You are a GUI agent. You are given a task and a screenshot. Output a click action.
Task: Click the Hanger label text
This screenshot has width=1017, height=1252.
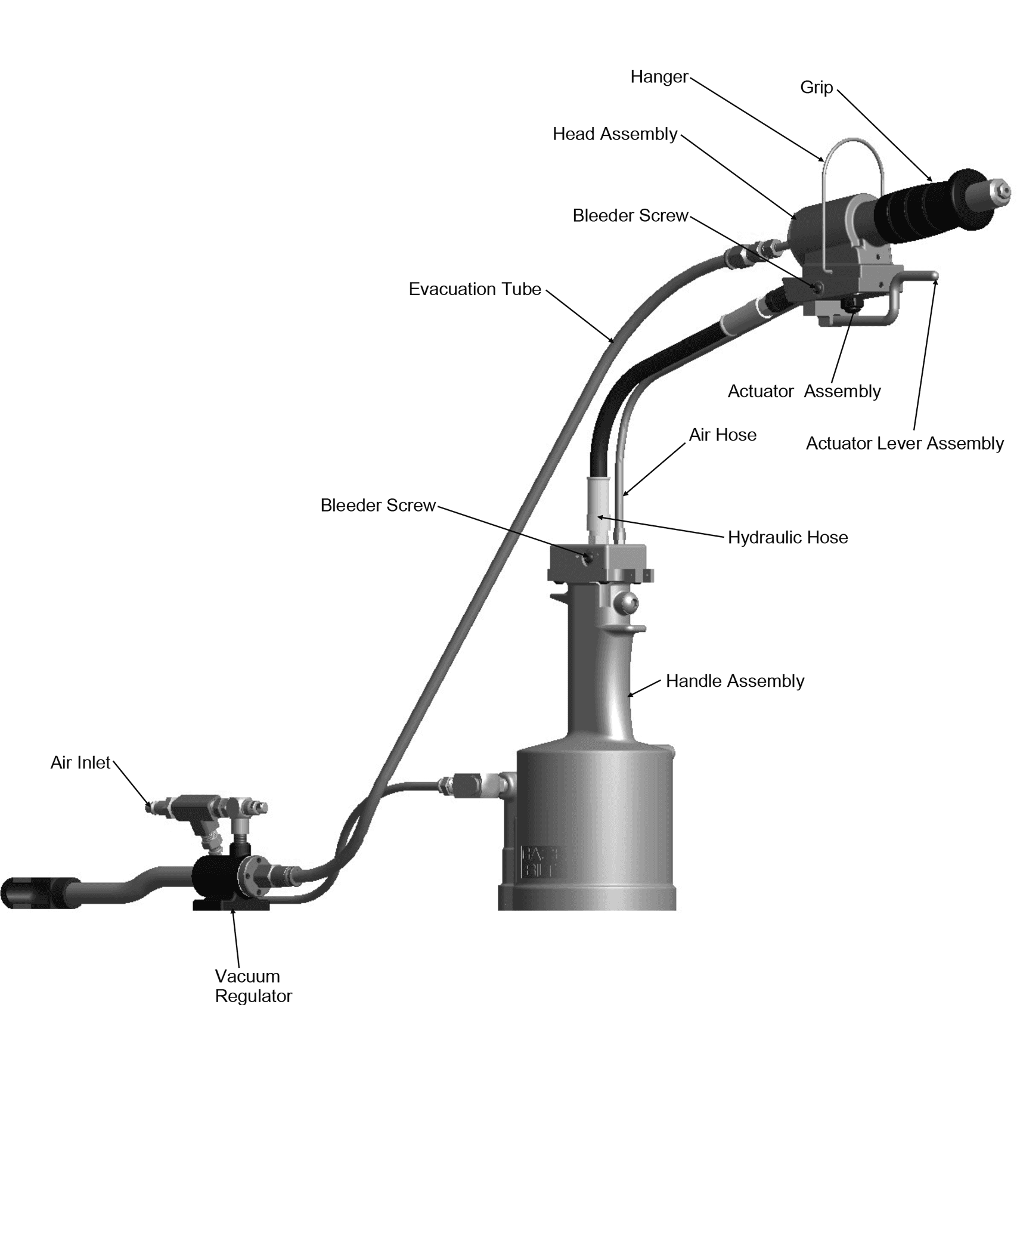[659, 77]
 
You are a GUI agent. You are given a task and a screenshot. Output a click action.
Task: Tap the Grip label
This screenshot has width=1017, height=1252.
[816, 88]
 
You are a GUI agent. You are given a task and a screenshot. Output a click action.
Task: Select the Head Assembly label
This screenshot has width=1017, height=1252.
[615, 134]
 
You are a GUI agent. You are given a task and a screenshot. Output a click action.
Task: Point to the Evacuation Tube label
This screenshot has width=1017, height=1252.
[475, 289]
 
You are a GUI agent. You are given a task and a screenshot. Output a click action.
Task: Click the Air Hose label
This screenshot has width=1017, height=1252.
[723, 435]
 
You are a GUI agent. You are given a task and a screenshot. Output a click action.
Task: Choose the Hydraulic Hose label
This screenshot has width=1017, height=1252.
[787, 537]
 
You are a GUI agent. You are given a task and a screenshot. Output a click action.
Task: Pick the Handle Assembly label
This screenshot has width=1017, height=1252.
[735, 681]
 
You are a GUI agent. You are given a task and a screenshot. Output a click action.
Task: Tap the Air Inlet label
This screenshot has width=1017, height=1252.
[80, 763]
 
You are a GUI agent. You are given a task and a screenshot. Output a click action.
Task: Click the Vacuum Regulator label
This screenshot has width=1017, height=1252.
[253, 986]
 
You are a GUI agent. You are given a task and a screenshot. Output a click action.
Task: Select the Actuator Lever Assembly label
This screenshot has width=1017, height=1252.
[905, 444]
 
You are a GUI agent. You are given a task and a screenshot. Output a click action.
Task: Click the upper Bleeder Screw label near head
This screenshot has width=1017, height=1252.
[630, 215]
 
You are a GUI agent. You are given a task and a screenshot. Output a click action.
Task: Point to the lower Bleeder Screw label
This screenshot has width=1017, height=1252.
[378, 505]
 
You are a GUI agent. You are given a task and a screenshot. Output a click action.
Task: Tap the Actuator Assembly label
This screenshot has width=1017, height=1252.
[804, 392]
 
